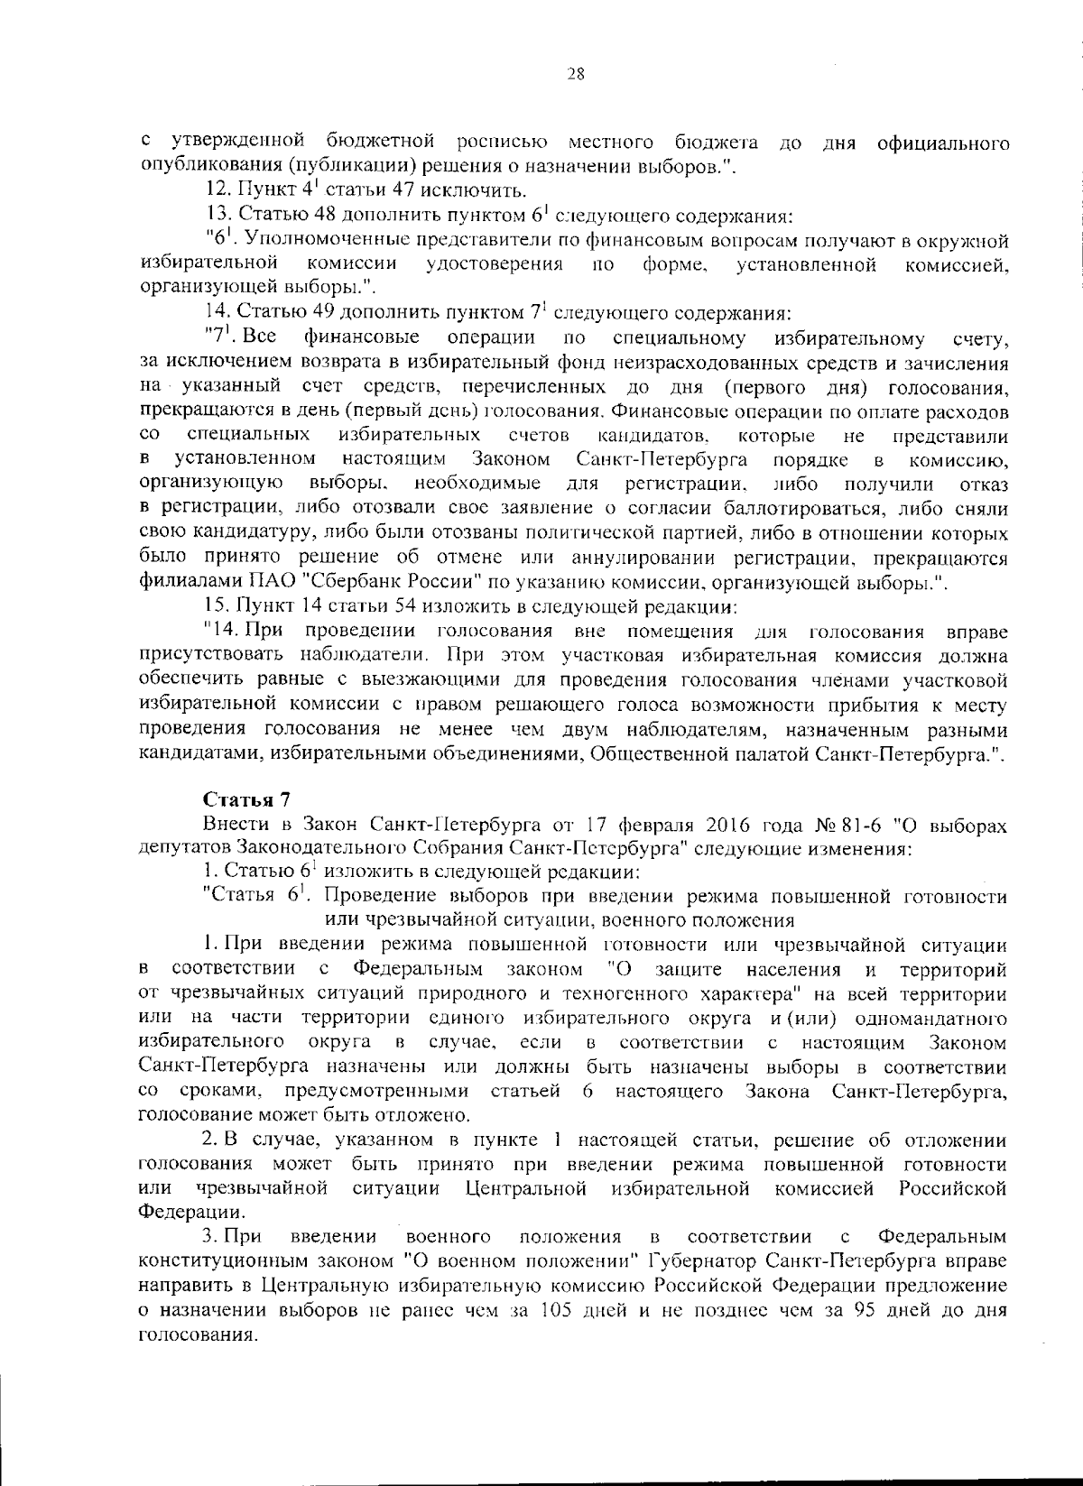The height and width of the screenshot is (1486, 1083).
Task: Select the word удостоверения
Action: [x=495, y=264]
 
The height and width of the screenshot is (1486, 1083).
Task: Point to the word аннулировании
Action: [x=646, y=557]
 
